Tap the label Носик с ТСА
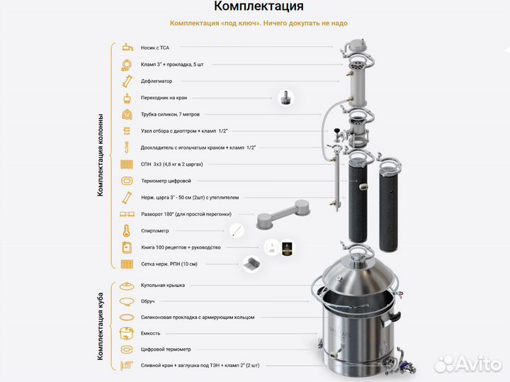point(155,47)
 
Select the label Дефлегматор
point(157,81)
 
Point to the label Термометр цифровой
point(166,181)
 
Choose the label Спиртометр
point(157,230)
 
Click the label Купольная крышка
point(163,284)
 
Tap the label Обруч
point(149,300)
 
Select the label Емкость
point(151,333)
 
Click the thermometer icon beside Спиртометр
point(126,230)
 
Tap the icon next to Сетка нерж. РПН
point(126,264)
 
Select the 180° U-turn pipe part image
point(280,213)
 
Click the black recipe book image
point(288,247)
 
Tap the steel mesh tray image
point(251,264)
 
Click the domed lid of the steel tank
point(354,273)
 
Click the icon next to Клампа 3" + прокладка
point(126,64)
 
